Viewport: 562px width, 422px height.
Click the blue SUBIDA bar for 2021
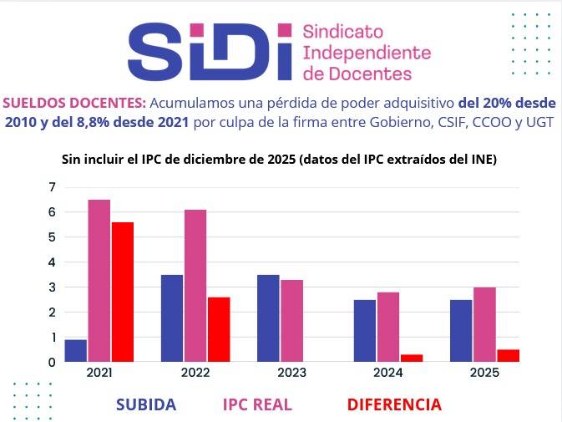76,351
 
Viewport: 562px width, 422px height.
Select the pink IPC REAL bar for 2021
99,281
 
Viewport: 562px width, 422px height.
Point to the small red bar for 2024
412,358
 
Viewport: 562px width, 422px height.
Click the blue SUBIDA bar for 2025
460,330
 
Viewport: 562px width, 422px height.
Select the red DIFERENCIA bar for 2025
508,355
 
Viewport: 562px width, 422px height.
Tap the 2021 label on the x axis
99,373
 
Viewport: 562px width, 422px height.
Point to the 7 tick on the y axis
52,186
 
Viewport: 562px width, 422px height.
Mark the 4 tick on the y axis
52,262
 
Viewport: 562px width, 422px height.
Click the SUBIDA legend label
146,405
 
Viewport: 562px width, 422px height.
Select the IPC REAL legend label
257,405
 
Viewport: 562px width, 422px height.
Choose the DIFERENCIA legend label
394,405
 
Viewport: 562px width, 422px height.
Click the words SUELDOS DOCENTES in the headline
74,104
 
